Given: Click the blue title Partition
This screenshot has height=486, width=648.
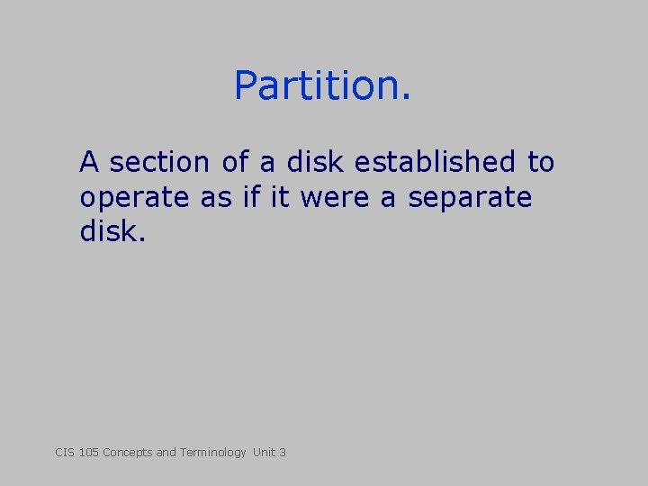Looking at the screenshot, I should pyautogui.click(x=322, y=85).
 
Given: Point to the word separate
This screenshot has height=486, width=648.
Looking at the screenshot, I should pyautogui.click(x=470, y=198).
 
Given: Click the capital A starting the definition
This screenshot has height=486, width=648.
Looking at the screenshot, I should pyautogui.click(x=88, y=163).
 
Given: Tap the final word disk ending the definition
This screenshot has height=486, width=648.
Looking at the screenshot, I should pyautogui.click(x=111, y=232).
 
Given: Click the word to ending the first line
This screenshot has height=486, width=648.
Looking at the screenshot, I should pyautogui.click(x=540, y=163).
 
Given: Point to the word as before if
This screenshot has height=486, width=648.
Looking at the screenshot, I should pyautogui.click(x=216, y=198).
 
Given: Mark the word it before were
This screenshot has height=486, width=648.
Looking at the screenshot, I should pyautogui.click(x=279, y=198).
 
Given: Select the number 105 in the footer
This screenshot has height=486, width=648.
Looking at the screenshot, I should pyautogui.click(x=88, y=452).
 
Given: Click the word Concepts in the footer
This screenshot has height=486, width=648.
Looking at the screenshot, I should pyautogui.click(x=128, y=452).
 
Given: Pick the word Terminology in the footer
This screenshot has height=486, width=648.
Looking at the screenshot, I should pyautogui.click(x=212, y=452).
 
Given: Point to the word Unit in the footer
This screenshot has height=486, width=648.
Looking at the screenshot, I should pyautogui.click(x=265, y=452).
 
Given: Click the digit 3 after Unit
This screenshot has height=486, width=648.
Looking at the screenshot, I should pyautogui.click(x=283, y=452).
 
